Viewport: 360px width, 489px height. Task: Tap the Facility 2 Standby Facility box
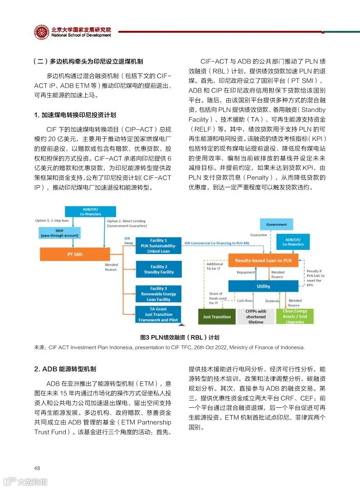coord(159,269)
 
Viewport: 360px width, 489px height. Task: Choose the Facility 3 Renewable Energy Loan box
coord(159,293)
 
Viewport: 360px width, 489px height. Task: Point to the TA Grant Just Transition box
coord(159,314)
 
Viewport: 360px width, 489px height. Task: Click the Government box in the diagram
coord(276,224)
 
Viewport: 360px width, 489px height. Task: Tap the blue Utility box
coord(263,286)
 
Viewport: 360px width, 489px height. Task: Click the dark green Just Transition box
coord(217,317)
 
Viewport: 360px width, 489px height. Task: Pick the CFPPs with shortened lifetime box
coord(255,316)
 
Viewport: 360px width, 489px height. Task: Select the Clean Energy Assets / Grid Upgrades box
coord(294,316)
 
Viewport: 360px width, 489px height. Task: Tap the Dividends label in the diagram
coord(272,301)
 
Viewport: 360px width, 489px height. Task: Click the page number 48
coord(38,468)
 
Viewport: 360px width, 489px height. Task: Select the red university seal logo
coord(42,32)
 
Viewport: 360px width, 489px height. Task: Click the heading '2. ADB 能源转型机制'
coord(65,369)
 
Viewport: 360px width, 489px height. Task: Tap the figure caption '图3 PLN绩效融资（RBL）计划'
coord(180,337)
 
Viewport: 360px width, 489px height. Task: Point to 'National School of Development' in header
coord(81,35)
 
